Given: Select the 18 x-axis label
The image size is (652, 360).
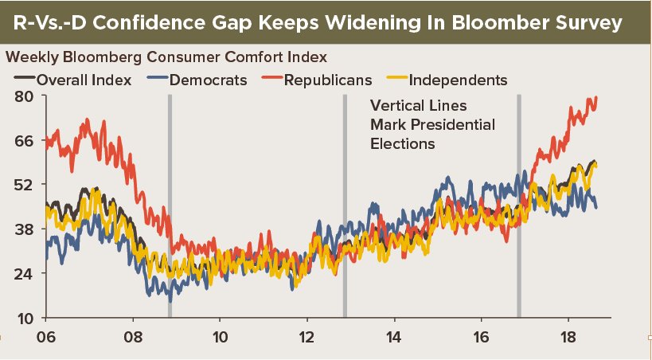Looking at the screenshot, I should tap(568, 335).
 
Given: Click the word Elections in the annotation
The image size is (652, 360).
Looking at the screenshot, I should tap(403, 144).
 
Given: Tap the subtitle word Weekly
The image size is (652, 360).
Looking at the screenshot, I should tap(29, 58).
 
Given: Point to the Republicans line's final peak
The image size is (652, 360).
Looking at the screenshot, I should tap(596, 97).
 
